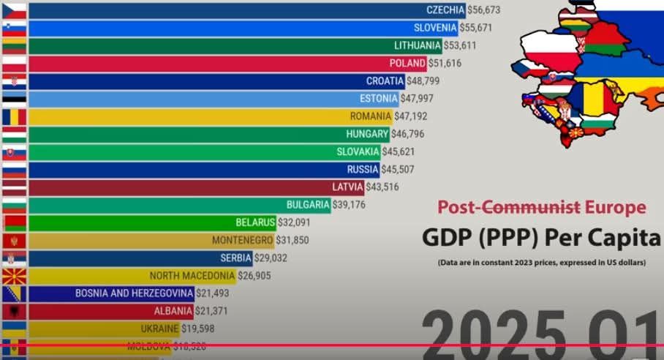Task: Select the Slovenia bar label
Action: [x=435, y=28]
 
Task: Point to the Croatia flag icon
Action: [x=14, y=80]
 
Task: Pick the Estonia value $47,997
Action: [x=420, y=99]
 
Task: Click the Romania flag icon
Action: [x=14, y=116]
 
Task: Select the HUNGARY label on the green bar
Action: [x=367, y=134]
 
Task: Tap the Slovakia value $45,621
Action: [x=402, y=151]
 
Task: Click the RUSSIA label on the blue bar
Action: [x=363, y=170]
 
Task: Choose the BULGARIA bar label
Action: [x=308, y=205]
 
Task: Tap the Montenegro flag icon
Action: [x=14, y=240]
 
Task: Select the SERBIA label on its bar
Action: [x=236, y=258]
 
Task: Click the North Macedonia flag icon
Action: [x=14, y=276]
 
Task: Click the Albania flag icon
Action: [x=14, y=311]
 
